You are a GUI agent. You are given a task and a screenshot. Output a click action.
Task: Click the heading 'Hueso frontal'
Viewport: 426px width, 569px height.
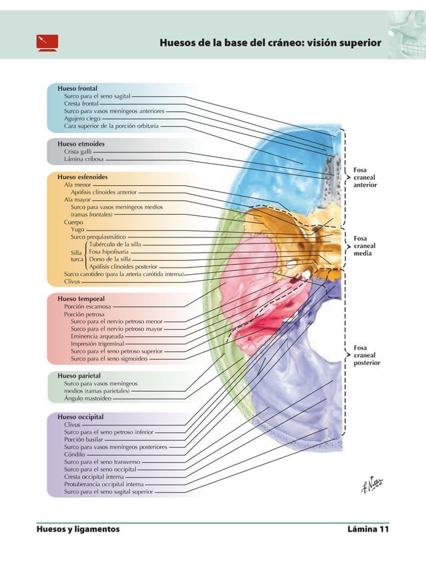(x=78, y=88)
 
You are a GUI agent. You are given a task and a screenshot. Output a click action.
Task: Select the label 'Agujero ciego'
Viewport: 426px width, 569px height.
(x=82, y=118)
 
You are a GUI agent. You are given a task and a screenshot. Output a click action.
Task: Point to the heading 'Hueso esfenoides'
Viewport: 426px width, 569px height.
(x=83, y=177)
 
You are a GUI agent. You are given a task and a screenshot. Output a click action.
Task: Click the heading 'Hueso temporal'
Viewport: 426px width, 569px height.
(x=81, y=298)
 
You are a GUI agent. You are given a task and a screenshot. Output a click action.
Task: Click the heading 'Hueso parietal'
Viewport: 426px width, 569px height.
(x=79, y=376)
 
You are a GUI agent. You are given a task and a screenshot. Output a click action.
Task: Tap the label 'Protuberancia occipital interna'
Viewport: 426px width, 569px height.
(x=103, y=484)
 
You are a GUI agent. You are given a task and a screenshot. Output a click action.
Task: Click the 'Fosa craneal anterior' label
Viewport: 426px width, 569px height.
(x=365, y=177)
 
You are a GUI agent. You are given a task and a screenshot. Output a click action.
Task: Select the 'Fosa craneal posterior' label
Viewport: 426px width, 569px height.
(x=367, y=355)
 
